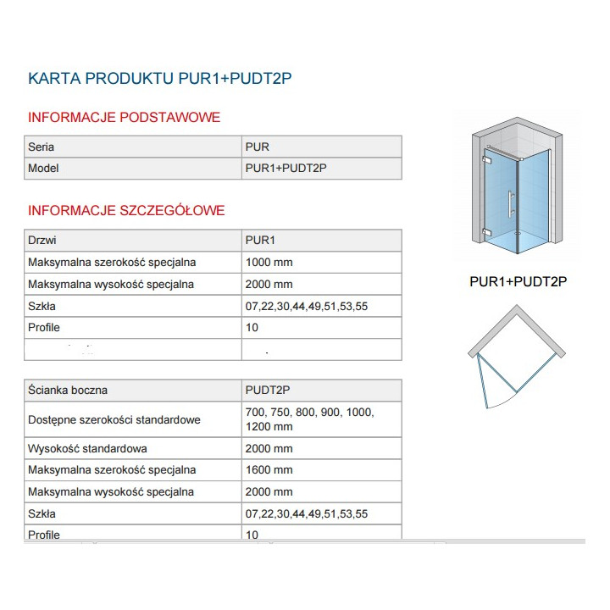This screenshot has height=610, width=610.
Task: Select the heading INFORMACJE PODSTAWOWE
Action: [125, 117]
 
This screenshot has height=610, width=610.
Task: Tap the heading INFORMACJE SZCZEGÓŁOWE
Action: [126, 210]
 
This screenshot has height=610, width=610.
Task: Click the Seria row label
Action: [42, 147]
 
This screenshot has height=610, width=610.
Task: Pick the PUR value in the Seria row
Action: [257, 147]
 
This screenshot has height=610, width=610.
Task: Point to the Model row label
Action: [44, 169]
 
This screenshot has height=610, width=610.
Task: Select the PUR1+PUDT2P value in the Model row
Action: [285, 169]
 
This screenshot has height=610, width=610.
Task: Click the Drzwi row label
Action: [42, 241]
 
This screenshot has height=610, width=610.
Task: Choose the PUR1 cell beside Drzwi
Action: [259, 241]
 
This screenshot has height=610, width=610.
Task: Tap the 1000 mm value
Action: [269, 263]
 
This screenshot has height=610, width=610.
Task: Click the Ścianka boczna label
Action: [68, 391]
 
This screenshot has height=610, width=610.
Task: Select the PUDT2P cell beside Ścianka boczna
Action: [268, 391]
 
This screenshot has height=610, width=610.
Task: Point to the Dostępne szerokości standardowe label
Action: [114, 419]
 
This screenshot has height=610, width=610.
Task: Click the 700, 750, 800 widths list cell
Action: [309, 419]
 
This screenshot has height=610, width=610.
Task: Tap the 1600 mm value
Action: [269, 469]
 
